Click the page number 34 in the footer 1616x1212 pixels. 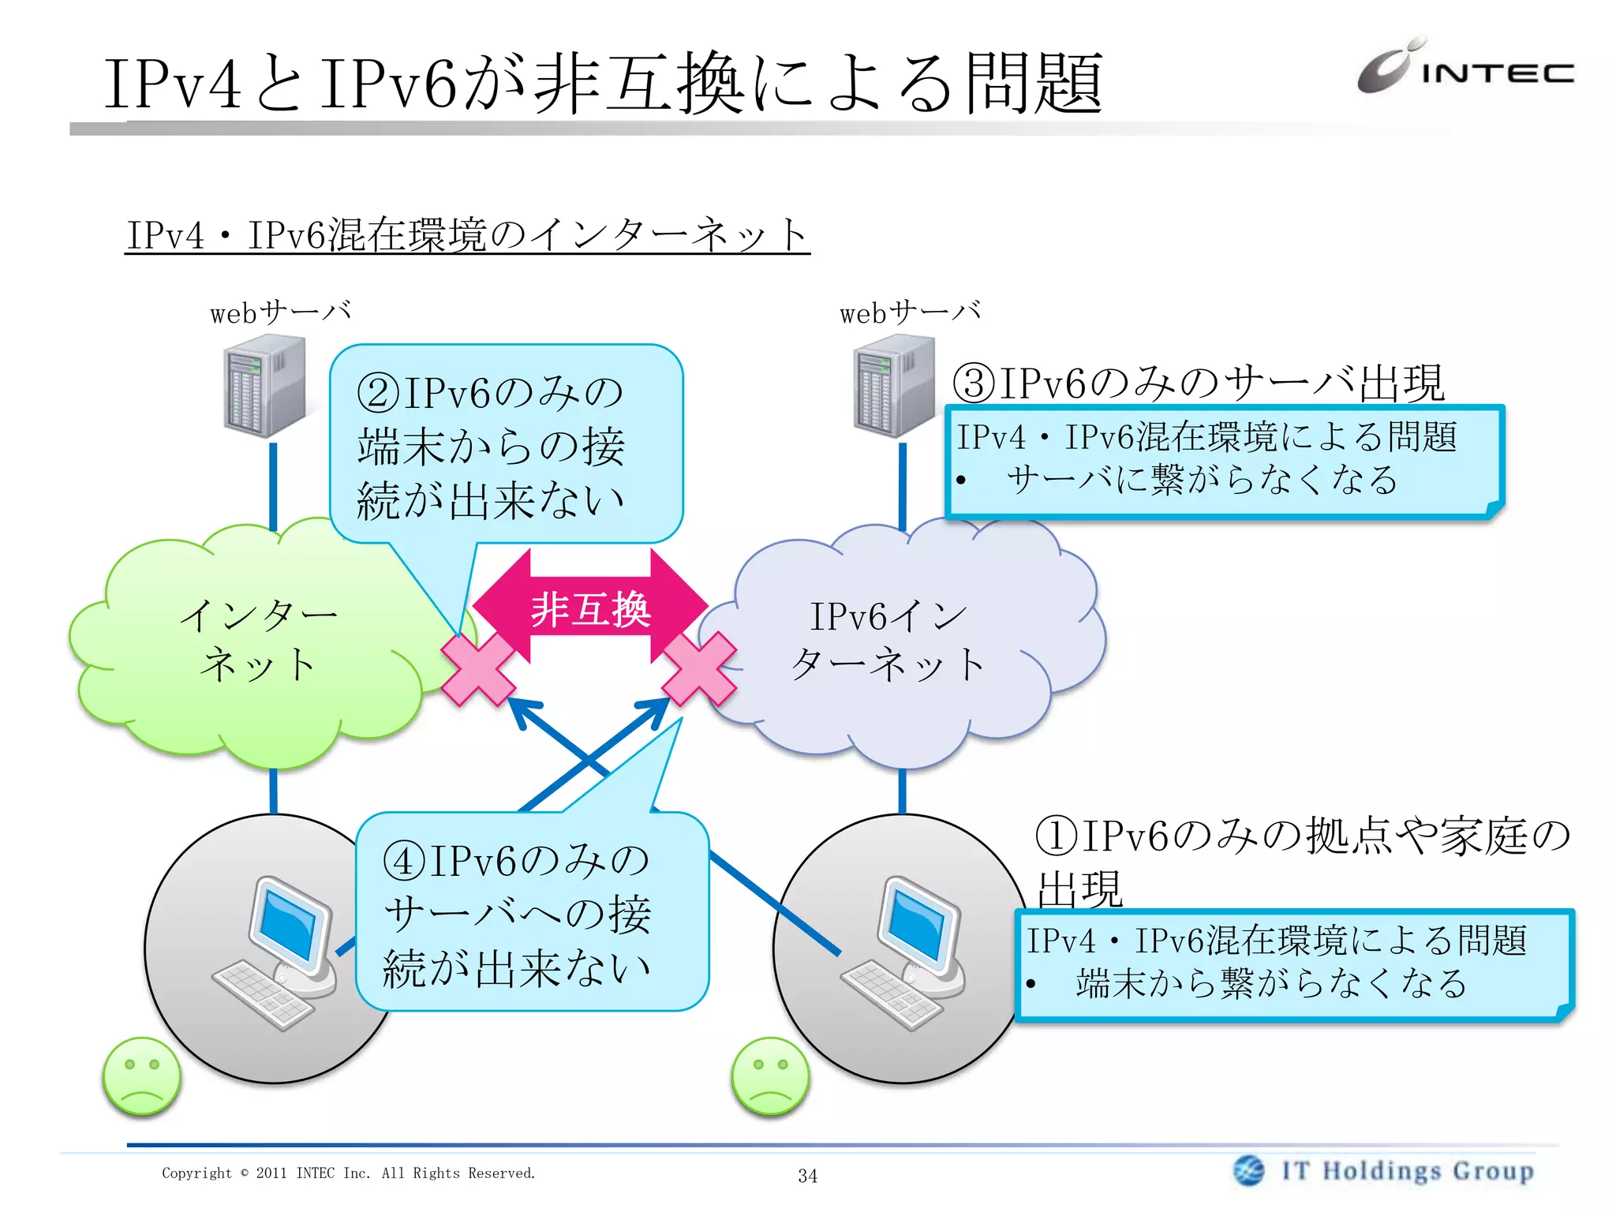click(807, 1176)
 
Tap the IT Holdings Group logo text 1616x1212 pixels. click(1407, 1170)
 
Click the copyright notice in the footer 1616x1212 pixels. click(348, 1173)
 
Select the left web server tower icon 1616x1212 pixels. click(264, 386)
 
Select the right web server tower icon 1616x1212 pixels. click(894, 386)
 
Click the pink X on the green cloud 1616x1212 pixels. click(477, 669)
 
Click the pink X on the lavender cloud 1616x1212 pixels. click(699, 669)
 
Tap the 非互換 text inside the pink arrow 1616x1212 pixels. click(590, 610)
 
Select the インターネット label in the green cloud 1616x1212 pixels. click(259, 639)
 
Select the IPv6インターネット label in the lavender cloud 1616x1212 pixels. click(888, 639)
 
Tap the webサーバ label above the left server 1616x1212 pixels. click(280, 312)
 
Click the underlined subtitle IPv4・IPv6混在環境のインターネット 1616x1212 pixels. click(467, 235)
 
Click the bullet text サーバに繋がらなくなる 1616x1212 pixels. click(1201, 480)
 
